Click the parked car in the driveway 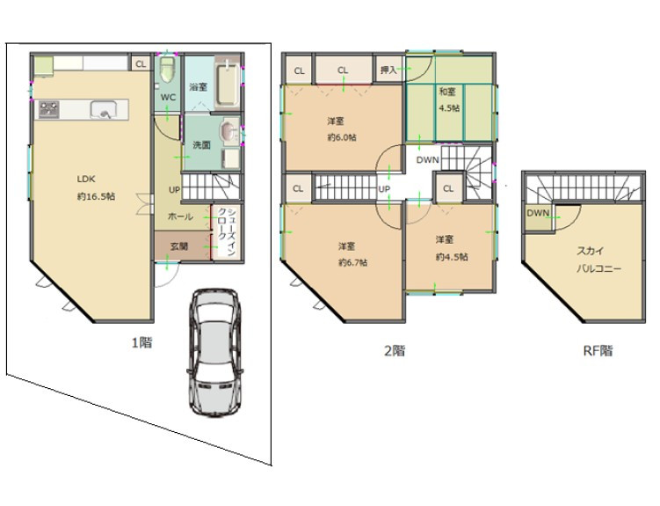(x=214, y=353)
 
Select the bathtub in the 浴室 (x=228, y=83)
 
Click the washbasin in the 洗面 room (x=229, y=131)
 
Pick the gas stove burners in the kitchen (x=49, y=109)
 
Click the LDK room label (x=86, y=179)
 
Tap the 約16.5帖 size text (x=97, y=196)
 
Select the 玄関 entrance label (x=179, y=246)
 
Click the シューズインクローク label (x=225, y=231)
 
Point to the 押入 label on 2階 (x=388, y=70)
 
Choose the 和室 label (x=447, y=92)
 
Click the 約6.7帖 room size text (x=352, y=262)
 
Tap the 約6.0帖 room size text (x=342, y=137)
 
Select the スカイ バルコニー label (x=598, y=260)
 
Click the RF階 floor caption (x=598, y=350)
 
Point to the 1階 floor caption (x=141, y=342)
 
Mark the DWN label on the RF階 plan (x=538, y=213)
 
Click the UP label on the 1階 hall (x=174, y=190)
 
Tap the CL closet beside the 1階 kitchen (x=141, y=64)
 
